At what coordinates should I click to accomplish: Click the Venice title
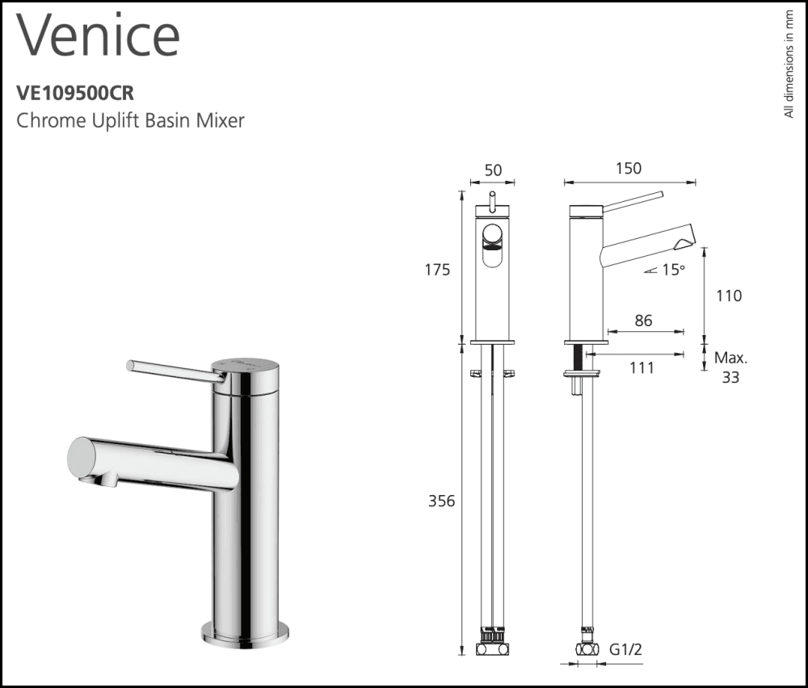97,36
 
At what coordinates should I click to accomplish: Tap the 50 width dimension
492,170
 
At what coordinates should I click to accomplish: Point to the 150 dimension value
628,169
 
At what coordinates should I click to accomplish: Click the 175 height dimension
437,271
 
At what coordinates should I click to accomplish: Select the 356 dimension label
440,501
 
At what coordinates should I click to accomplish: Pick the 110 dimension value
728,296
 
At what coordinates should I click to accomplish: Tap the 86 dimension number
643,321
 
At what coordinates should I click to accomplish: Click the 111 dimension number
641,367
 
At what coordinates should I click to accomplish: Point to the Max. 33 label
730,367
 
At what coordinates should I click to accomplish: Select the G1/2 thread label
625,648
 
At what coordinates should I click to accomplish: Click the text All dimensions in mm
789,65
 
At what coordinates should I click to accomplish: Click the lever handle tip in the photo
132,365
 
